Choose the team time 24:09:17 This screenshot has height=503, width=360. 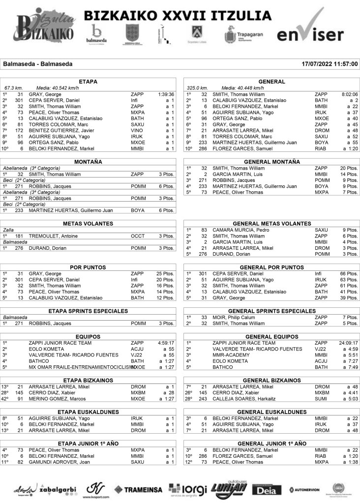(347, 343)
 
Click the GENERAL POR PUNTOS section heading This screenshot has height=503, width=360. (271, 267)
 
